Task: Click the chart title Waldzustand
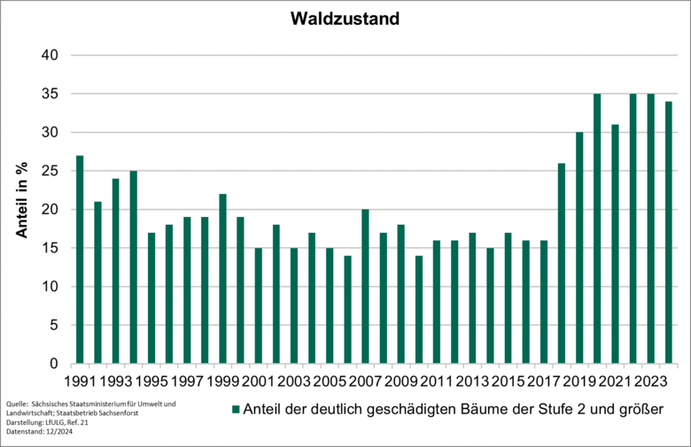coord(345,18)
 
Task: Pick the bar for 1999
coord(223,279)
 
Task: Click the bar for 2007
coord(366,287)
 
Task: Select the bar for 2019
coord(580,248)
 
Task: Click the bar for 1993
coord(116,271)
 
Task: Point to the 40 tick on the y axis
coord(50,55)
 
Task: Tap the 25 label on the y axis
coord(50,171)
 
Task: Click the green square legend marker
coord(236,410)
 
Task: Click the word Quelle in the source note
coord(18,405)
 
